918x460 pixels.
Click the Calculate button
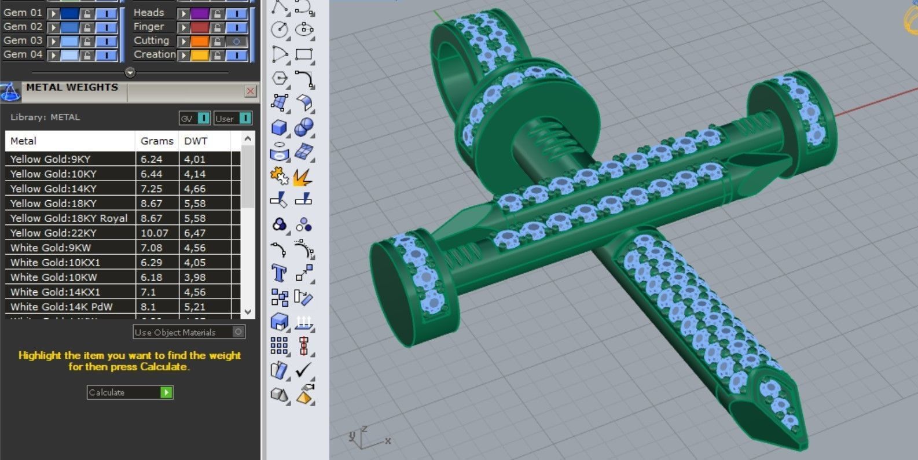(x=130, y=392)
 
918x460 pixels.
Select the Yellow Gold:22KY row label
(x=53, y=233)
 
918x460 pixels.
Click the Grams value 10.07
(x=154, y=233)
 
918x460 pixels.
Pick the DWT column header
(x=196, y=141)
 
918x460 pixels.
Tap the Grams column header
(x=157, y=141)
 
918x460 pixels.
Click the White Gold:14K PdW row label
(x=61, y=307)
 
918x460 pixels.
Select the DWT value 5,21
(x=195, y=307)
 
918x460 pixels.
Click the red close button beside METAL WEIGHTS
(x=250, y=91)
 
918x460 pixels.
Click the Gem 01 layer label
(x=23, y=13)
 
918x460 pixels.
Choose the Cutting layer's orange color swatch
(x=199, y=41)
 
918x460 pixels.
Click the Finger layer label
(x=149, y=27)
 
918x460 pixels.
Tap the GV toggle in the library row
(x=194, y=118)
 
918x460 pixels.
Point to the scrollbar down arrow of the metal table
(x=248, y=311)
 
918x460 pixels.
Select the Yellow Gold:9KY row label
(x=50, y=159)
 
